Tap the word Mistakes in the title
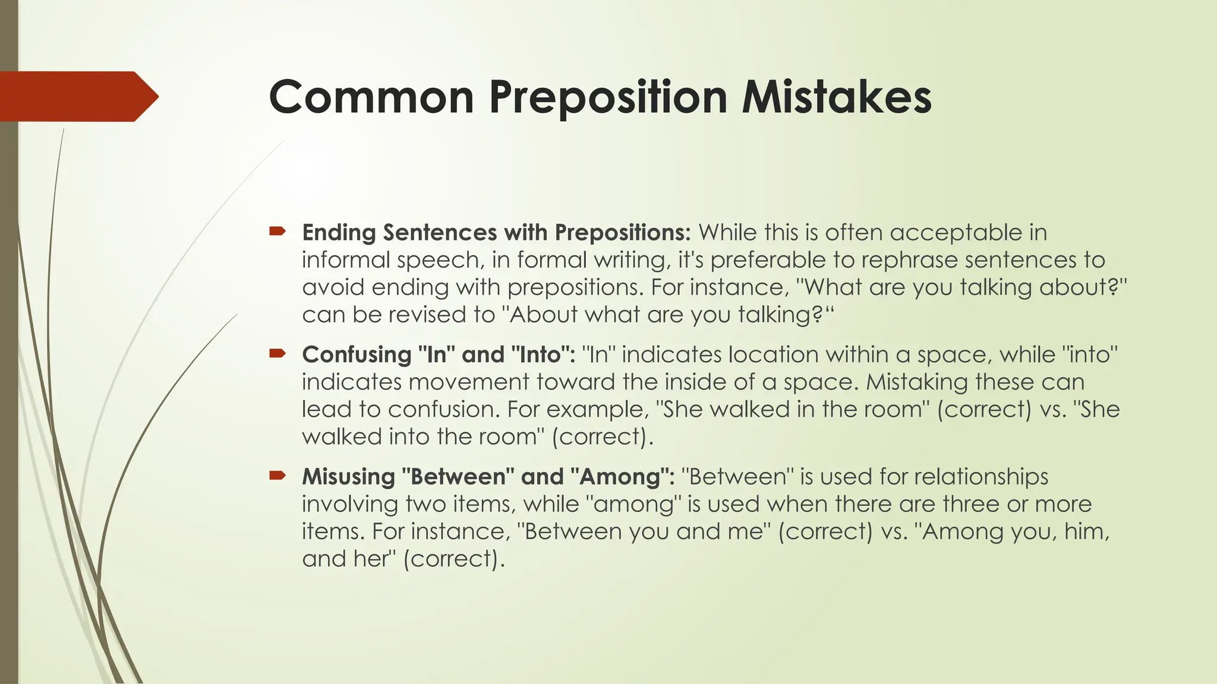click(836, 97)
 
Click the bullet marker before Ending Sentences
click(278, 232)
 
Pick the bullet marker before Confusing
click(278, 354)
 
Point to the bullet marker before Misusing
click(278, 476)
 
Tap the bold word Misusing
click(348, 477)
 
